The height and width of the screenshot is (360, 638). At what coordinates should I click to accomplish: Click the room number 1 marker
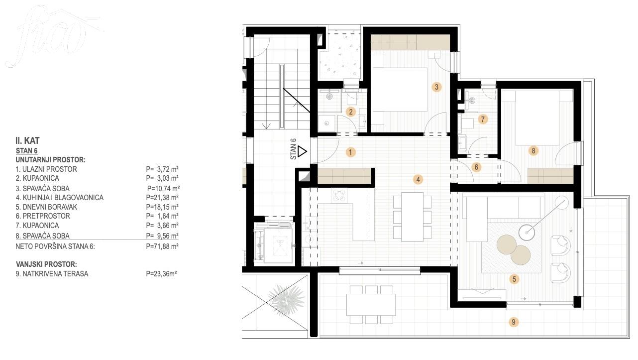(351, 152)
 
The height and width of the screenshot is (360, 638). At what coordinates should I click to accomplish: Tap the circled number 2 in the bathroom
(351, 112)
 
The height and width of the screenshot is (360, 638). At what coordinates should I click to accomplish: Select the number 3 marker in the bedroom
(436, 87)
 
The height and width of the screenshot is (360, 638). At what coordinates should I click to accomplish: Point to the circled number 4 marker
(418, 180)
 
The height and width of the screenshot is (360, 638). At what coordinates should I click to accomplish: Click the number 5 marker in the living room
(514, 279)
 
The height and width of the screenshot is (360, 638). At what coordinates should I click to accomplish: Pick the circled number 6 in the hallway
(476, 167)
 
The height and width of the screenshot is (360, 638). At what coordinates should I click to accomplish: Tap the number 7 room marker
(483, 119)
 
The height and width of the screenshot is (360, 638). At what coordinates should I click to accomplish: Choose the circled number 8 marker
(533, 150)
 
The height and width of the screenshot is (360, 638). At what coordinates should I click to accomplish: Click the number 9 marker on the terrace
(514, 322)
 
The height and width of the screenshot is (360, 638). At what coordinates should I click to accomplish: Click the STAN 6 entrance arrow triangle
(302, 151)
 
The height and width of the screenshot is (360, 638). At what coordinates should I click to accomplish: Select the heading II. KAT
(27, 140)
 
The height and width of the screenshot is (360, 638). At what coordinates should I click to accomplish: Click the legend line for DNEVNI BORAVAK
(97, 207)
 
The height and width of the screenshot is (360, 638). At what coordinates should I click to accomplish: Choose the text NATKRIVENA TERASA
(55, 274)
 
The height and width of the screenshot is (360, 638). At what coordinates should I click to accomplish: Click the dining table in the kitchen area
(412, 217)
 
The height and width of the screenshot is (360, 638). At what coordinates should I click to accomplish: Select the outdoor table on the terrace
(371, 304)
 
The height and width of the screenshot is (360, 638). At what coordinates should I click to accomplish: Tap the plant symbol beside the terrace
(286, 300)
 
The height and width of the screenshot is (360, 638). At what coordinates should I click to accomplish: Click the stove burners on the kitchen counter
(339, 196)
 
